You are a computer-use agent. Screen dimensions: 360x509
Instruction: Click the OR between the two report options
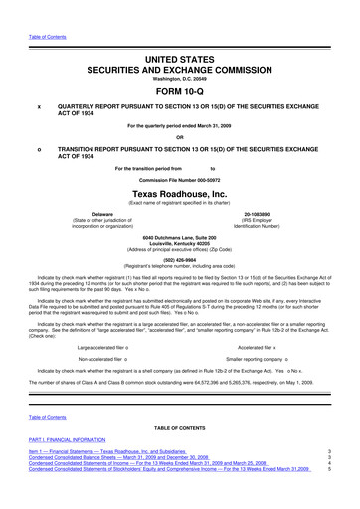pos(179,137)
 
